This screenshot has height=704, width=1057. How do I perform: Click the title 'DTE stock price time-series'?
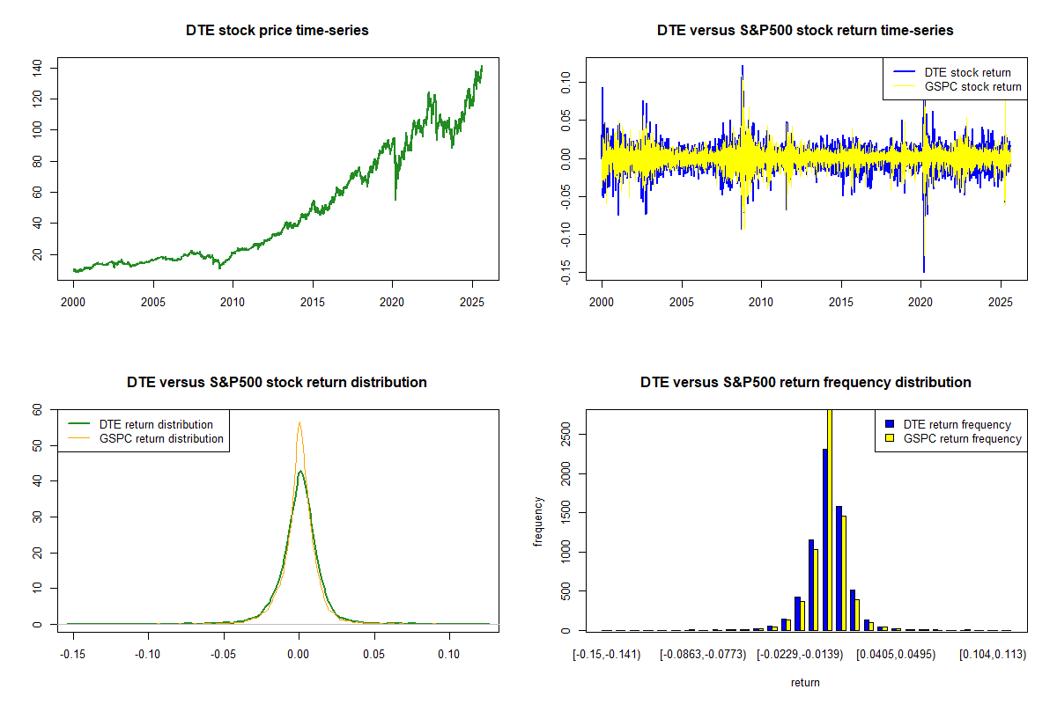(277, 31)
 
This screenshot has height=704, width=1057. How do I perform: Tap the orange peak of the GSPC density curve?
(299, 423)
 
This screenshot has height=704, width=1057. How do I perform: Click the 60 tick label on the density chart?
(37, 409)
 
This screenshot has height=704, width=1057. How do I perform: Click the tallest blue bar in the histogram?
(825, 539)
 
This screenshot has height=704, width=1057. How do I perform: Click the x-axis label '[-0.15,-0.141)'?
(607, 655)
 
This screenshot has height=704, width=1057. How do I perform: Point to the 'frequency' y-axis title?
(539, 522)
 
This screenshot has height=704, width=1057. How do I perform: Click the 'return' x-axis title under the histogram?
(805, 682)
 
